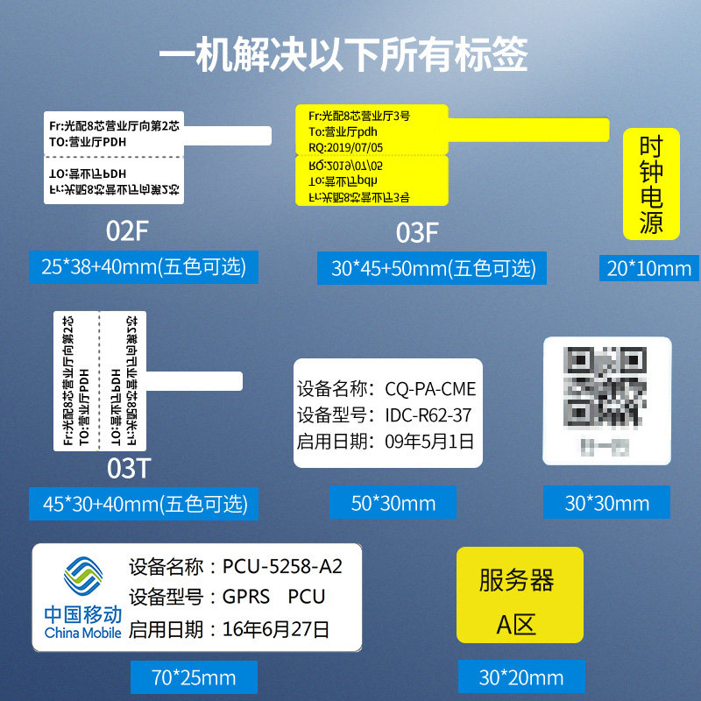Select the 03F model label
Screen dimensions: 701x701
(417, 233)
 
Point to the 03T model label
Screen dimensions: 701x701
(128, 468)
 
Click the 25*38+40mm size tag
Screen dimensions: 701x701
(144, 266)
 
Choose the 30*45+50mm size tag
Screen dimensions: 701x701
(433, 267)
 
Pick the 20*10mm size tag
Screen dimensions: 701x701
(649, 267)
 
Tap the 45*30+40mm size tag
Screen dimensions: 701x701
(145, 503)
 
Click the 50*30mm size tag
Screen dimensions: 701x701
(393, 503)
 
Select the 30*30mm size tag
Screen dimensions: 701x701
(606, 503)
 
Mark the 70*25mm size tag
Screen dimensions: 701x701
(194, 677)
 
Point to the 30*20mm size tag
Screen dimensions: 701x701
(520, 677)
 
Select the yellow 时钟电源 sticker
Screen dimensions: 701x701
(651, 185)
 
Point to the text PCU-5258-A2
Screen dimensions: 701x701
(282, 566)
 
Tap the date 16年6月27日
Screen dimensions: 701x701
(276, 628)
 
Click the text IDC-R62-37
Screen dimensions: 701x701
(428, 414)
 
